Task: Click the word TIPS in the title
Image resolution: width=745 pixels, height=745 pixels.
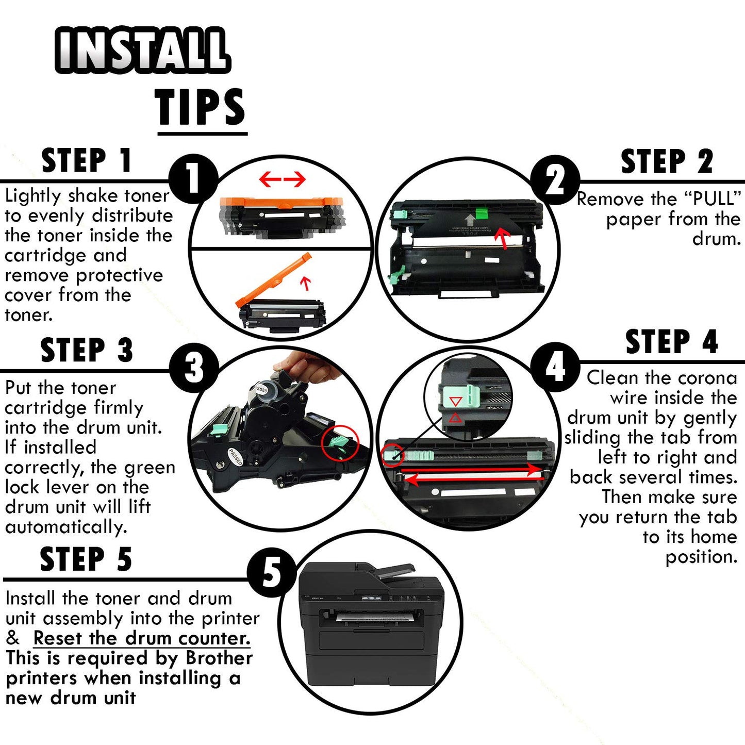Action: coord(200,106)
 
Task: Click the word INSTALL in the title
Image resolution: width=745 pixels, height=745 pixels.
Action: coord(143,50)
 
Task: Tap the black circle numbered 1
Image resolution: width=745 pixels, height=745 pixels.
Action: coord(194,178)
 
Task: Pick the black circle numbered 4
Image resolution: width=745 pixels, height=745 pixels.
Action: coord(555,367)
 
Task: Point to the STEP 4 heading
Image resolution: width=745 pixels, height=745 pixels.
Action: coord(672,342)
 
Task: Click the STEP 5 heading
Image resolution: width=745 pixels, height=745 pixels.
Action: coord(86,559)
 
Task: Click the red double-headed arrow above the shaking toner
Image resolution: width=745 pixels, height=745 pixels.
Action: coord(282,179)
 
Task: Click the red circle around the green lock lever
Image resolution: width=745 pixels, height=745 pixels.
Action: coord(340,443)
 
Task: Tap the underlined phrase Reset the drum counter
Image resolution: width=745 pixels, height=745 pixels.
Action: coord(142,638)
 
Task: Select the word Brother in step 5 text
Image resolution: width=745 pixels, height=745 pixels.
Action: coord(219,658)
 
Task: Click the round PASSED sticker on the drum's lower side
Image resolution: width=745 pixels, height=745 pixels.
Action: coord(236,457)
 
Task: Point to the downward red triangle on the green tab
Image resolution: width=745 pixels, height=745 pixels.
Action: coord(455,401)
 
